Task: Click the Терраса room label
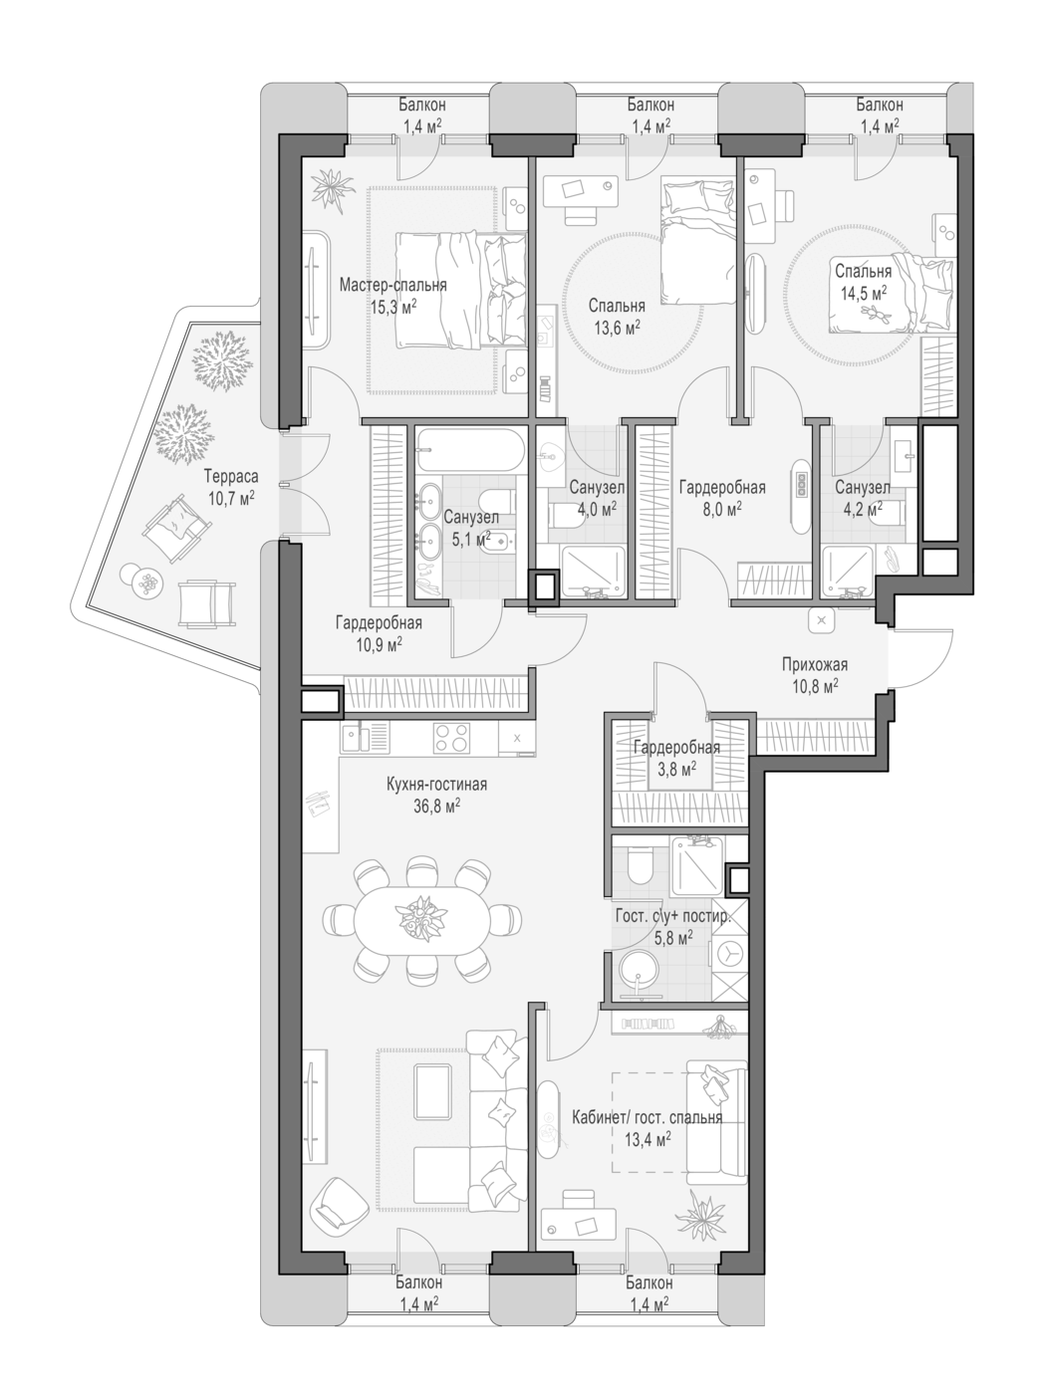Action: click(x=230, y=476)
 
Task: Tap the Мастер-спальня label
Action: click(x=392, y=285)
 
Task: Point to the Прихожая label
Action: click(x=814, y=665)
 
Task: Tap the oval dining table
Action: click(x=422, y=918)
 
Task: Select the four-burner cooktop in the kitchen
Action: click(x=453, y=738)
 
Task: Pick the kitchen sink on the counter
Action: click(x=357, y=738)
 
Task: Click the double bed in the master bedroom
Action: click(x=460, y=290)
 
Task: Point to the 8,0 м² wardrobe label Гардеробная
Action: click(x=722, y=487)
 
